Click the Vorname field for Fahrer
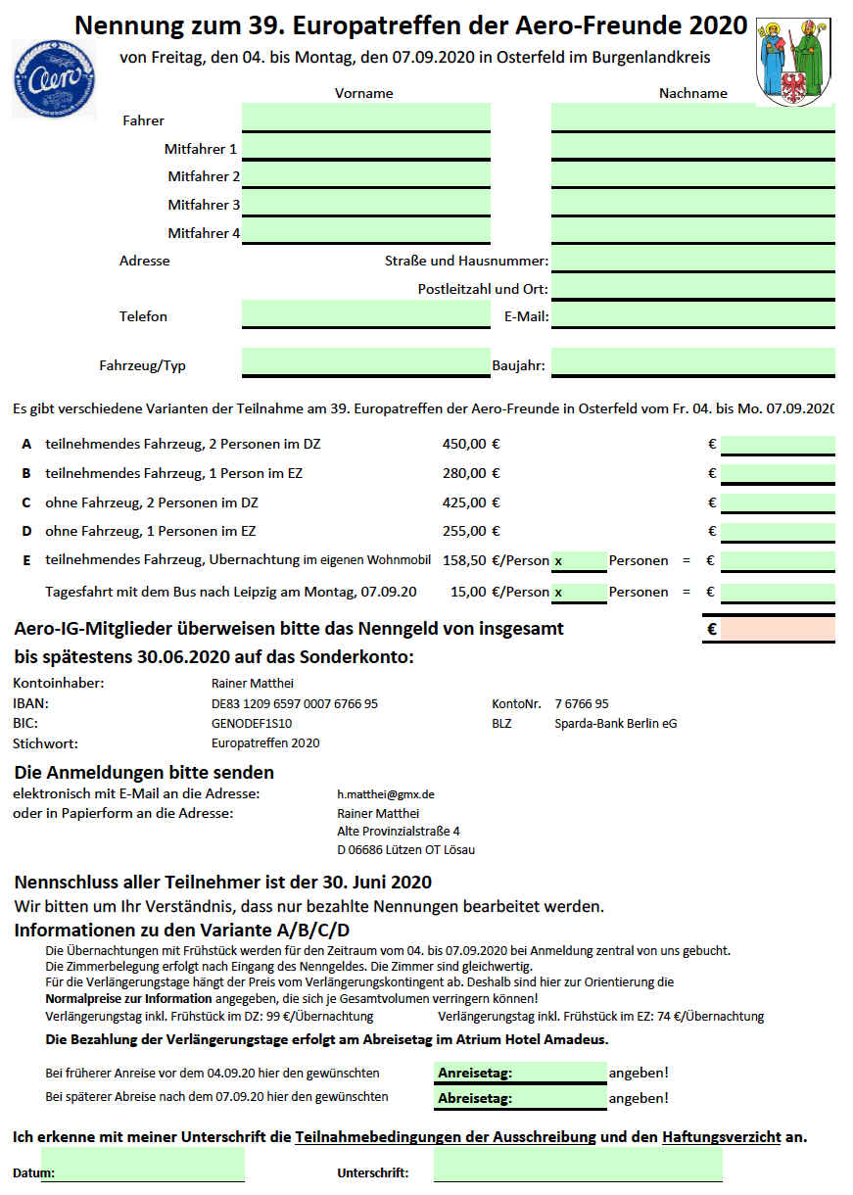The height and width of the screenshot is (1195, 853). pyautogui.click(x=365, y=118)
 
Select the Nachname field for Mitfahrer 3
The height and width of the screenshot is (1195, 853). pyautogui.click(x=692, y=204)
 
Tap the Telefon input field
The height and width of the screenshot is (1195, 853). pyautogui.click(x=365, y=314)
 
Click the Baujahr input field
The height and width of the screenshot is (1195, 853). pyautogui.click(x=692, y=362)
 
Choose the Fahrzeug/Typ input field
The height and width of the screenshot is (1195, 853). pyautogui.click(x=365, y=362)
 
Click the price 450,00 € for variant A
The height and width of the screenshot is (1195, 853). pyautogui.click(x=471, y=444)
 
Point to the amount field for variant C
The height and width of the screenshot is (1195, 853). pyautogui.click(x=778, y=503)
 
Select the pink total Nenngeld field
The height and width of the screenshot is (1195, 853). pyautogui.click(x=778, y=629)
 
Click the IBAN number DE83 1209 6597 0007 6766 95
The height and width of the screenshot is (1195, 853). pyautogui.click(x=295, y=703)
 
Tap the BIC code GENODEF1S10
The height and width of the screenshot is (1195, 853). pyautogui.click(x=252, y=723)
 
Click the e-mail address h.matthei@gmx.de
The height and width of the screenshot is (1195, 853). pyautogui.click(x=386, y=793)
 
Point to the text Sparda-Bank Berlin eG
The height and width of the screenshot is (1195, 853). pyautogui.click(x=616, y=723)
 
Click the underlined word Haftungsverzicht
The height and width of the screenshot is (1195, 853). pyautogui.click(x=721, y=1136)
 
